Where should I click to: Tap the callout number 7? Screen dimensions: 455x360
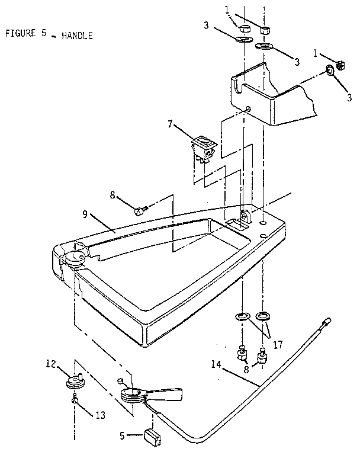coord(170,124)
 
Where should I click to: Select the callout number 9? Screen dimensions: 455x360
coord(85,214)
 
